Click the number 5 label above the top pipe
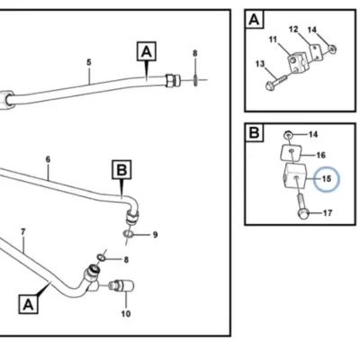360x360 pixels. (89, 62)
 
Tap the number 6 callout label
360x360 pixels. (48, 159)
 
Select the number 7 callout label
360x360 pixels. (23, 232)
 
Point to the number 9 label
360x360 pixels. (155, 235)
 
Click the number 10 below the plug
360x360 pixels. (126, 314)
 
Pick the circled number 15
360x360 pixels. (327, 179)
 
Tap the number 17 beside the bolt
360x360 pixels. (328, 213)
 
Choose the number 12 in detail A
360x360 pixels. (293, 29)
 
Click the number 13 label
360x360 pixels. (260, 64)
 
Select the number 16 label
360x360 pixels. (321, 155)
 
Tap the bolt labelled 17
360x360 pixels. (303, 205)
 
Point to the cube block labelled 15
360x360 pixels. (294, 176)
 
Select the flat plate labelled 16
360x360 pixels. (291, 153)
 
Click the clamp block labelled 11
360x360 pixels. (297, 61)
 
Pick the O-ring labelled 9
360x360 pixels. (129, 234)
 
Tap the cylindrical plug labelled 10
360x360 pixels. (121, 285)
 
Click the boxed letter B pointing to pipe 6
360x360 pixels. (121, 170)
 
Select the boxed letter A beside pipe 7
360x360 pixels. (28, 304)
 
